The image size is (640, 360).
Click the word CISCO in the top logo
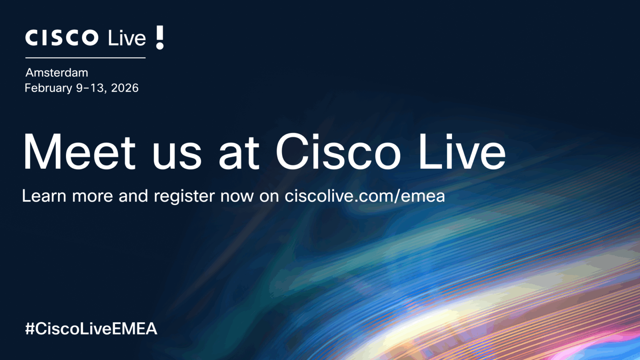click(62, 38)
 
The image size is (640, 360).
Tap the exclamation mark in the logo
click(160, 38)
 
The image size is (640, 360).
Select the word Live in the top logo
click(127, 38)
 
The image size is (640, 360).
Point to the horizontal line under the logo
click(86, 58)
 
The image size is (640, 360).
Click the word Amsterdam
click(57, 73)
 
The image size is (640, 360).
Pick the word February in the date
click(48, 88)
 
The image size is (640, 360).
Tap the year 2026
click(125, 88)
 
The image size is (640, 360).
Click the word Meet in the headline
click(80, 152)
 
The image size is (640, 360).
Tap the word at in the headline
click(239, 154)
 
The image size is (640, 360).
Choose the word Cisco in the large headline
click(338, 152)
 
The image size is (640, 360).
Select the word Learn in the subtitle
click(44, 196)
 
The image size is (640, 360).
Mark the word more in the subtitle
click(92, 198)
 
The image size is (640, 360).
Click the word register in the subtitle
click(184, 197)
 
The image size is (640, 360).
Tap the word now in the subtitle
click(237, 198)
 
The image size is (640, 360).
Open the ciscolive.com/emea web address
click(365, 196)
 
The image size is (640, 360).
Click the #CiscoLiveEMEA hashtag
click(91, 328)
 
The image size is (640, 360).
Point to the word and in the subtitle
click(134, 196)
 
